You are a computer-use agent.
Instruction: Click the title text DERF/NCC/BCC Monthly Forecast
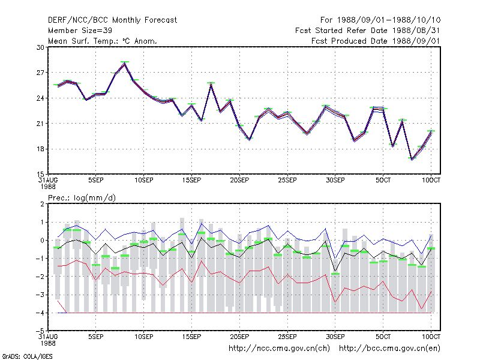112,20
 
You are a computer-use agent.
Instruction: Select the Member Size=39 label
80,31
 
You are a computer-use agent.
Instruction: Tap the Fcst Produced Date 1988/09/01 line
376,41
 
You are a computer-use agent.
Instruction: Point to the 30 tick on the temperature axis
40,47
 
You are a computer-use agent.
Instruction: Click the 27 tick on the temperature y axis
40,73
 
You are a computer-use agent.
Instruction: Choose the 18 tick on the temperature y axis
40,149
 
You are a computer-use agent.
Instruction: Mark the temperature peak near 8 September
125,63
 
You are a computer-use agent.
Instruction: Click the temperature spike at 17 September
211,84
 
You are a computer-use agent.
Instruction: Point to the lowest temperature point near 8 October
412,159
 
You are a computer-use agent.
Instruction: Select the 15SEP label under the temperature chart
191,180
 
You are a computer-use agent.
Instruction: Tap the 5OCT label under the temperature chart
383,180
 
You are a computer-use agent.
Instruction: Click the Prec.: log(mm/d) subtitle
82,198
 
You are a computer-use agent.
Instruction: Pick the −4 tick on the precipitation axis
40,313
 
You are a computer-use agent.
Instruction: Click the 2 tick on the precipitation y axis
42,204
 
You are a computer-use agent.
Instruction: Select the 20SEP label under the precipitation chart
239,337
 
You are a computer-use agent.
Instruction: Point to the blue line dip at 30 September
335,258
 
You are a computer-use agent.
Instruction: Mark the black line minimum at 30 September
335,271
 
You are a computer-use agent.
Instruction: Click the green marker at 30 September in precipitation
335,274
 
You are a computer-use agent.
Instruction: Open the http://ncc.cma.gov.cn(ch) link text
279,349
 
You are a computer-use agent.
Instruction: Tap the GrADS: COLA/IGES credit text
27,356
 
